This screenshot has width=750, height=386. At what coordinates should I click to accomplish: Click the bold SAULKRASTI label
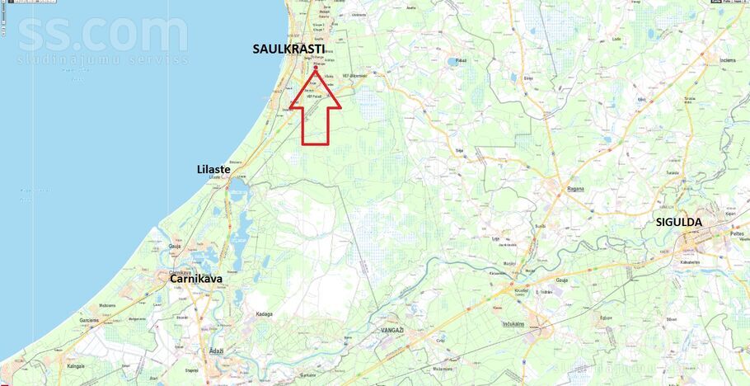tap(288, 49)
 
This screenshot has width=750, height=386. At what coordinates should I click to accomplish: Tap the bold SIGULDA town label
tap(678, 222)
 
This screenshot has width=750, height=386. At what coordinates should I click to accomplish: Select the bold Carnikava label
tap(195, 279)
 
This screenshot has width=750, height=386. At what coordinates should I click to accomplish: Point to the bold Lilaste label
tap(213, 169)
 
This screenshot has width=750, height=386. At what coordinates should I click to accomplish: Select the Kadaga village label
tap(264, 314)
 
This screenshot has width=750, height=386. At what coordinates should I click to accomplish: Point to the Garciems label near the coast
tap(89, 320)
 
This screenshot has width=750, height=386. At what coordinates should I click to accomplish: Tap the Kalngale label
tap(76, 366)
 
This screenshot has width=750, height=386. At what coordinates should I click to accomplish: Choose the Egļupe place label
tap(605, 317)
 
